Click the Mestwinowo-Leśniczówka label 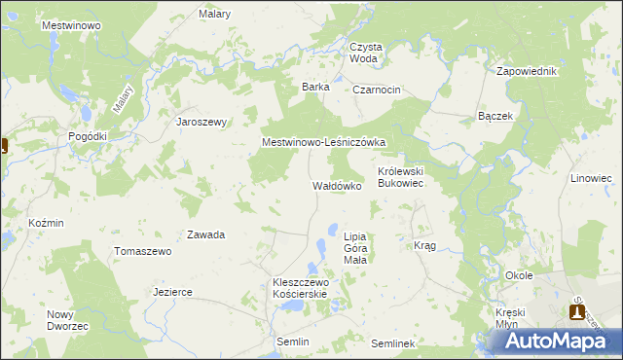324,142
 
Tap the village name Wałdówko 337,185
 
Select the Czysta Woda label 365,53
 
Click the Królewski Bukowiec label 401,176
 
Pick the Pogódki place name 87,137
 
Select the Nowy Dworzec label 67,320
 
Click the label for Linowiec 591,179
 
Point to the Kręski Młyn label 509,318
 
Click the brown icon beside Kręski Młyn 577,312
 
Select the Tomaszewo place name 143,251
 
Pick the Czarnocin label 378,90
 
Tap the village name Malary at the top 214,14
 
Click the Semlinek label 393,344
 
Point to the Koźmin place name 46,223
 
